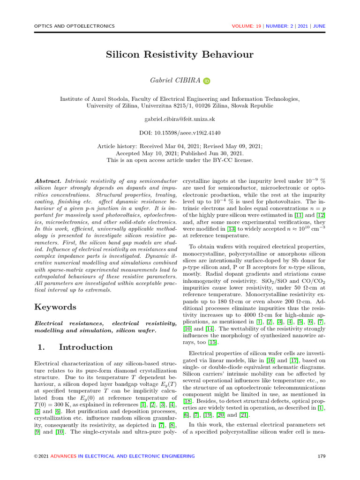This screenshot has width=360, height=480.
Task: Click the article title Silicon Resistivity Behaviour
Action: point(180,55)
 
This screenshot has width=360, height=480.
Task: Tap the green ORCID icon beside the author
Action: point(207,81)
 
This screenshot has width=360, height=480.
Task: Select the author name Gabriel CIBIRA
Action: point(175,81)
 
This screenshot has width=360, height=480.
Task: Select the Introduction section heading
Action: point(86,347)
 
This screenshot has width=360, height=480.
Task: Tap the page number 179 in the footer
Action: point(321,456)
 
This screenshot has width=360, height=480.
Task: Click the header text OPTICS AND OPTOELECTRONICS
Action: point(75,26)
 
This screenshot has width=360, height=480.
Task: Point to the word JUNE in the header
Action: point(319,26)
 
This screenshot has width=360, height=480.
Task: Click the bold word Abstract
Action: point(48,180)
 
